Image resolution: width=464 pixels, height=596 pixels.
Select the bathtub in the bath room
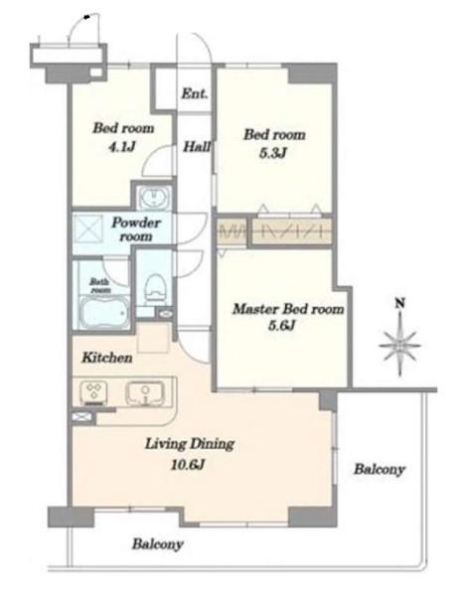(102, 311)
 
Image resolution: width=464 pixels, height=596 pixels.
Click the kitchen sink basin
(145, 392)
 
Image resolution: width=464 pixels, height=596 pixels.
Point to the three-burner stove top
(93, 392)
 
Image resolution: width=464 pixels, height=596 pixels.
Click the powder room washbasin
(154, 198)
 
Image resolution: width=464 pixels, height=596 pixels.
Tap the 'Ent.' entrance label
(195, 93)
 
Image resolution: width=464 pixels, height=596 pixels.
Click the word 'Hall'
(197, 146)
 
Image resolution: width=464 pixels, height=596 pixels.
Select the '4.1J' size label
(121, 146)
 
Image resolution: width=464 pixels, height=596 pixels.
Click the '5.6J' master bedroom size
(282, 326)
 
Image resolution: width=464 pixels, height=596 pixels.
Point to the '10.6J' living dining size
(188, 464)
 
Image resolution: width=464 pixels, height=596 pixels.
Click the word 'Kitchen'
(107, 358)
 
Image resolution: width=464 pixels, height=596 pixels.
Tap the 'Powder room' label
(136, 229)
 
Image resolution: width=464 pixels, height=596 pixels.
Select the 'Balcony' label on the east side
(380, 470)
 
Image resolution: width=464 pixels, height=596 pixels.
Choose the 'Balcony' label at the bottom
(158, 544)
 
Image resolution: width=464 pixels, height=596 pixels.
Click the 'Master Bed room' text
(288, 309)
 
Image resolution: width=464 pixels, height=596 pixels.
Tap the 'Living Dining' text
(190, 444)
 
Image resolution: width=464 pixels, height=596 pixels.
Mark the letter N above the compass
(399, 303)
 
